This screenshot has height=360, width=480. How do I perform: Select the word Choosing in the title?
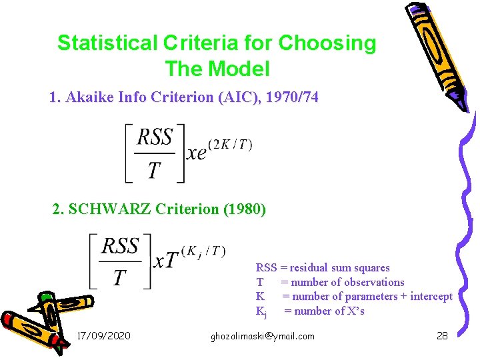pos(327,43)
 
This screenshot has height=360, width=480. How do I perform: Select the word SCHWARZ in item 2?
pos(109,209)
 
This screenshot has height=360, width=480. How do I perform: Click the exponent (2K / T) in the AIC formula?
pos(229,145)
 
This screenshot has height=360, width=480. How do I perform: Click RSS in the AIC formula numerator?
pos(155,138)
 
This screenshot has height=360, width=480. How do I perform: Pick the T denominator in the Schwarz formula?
pos(119,277)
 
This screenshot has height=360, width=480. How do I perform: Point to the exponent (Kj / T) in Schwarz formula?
pos(204,251)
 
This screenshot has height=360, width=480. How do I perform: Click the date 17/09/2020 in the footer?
pos(104,336)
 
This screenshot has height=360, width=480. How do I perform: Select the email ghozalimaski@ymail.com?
pos(262,336)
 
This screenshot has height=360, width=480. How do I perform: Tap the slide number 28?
pos(442,336)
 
